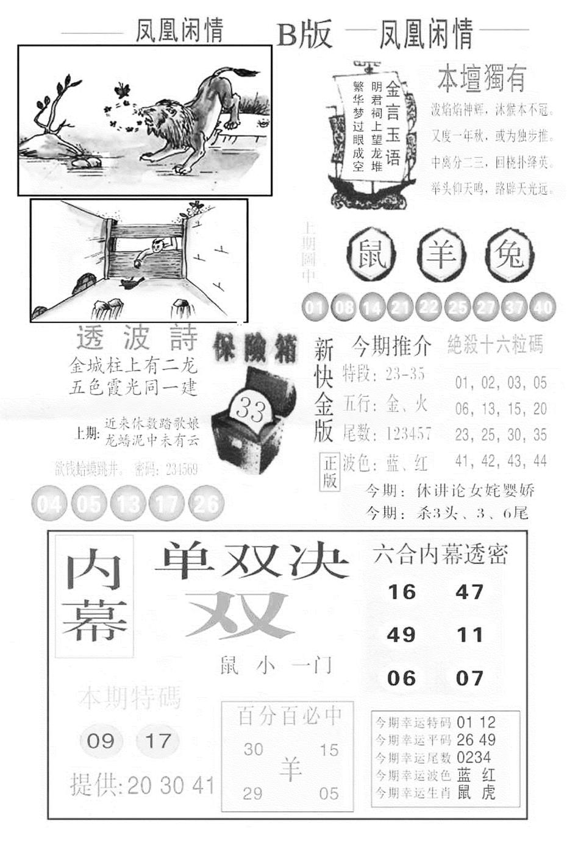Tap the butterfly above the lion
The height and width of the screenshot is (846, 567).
pyautogui.click(x=124, y=90)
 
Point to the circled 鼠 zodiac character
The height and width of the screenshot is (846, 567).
pyautogui.click(x=371, y=254)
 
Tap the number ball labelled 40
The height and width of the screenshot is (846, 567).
pyautogui.click(x=542, y=307)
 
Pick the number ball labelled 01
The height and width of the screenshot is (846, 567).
pyautogui.click(x=315, y=307)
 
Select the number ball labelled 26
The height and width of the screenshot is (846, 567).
pyautogui.click(x=206, y=504)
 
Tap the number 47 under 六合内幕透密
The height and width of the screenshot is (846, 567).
pyautogui.click(x=469, y=592)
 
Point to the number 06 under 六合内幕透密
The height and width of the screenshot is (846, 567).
pyautogui.click(x=401, y=678)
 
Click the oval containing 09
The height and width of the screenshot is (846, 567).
pyautogui.click(x=101, y=741)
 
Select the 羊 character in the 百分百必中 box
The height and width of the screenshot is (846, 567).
pyautogui.click(x=291, y=769)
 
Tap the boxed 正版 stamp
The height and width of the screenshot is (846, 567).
pyautogui.click(x=330, y=472)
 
